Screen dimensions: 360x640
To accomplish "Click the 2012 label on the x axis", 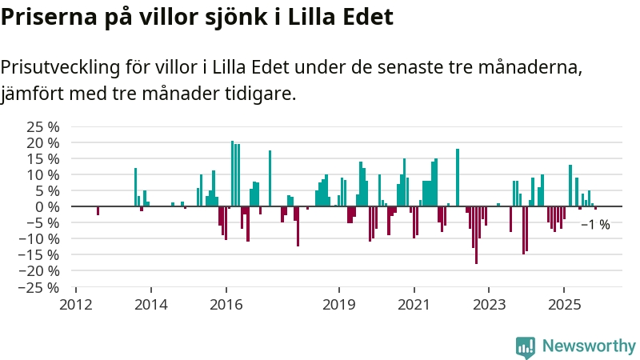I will [x=76, y=304].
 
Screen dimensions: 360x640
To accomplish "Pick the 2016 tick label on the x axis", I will [x=226, y=304].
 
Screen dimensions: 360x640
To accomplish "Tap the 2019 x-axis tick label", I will [x=339, y=304].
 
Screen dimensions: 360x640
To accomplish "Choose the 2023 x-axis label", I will [x=489, y=304].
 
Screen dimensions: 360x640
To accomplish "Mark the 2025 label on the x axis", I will [x=564, y=304].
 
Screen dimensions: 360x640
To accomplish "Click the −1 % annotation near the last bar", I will [x=595, y=225].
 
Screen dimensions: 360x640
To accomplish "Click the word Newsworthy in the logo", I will [x=589, y=346].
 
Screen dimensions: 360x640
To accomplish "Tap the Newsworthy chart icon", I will [x=526, y=346].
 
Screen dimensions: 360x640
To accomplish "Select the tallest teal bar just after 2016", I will [x=232, y=174].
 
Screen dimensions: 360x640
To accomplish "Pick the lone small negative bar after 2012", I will [x=98, y=210].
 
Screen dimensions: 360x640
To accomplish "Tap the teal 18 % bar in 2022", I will [x=458, y=178].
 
